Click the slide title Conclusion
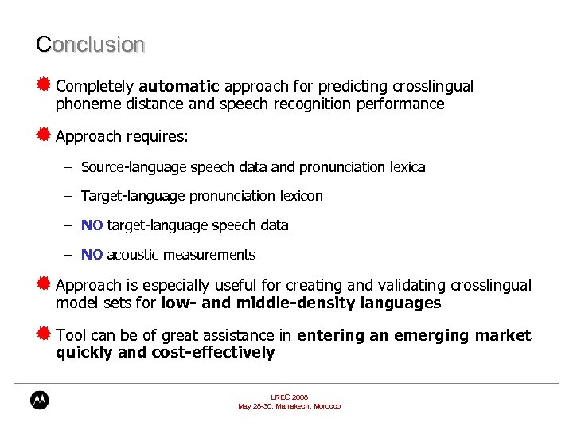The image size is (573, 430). (90, 45)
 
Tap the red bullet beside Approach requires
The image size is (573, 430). (44, 135)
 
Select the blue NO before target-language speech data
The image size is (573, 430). (92, 225)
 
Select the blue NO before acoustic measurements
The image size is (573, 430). (92, 255)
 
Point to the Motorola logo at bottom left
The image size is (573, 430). (39, 400)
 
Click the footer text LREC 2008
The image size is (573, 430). (289, 397)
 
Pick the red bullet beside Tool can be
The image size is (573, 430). (44, 334)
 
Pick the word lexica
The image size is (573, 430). (407, 167)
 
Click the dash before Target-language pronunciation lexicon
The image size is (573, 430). (69, 196)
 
